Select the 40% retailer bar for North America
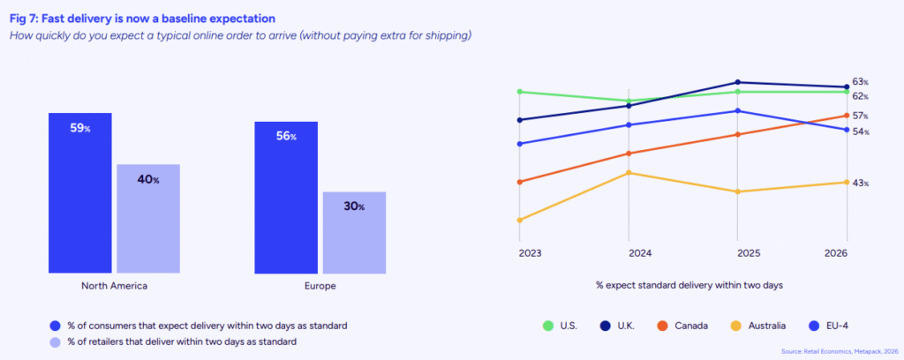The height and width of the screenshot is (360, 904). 148,218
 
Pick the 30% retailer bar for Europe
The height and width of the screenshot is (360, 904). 354,232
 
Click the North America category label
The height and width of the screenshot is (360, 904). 114,287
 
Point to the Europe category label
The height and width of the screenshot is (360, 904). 320,287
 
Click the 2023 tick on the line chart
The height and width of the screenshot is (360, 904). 531,253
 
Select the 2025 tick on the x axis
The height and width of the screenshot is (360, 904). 749,253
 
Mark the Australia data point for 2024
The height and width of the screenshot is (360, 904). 629,173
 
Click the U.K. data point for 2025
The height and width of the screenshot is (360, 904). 738,82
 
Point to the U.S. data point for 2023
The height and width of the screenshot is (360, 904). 520,92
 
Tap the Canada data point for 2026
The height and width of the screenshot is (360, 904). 847,116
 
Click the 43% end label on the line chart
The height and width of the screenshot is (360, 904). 861,183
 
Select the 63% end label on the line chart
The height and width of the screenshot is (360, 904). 861,82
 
